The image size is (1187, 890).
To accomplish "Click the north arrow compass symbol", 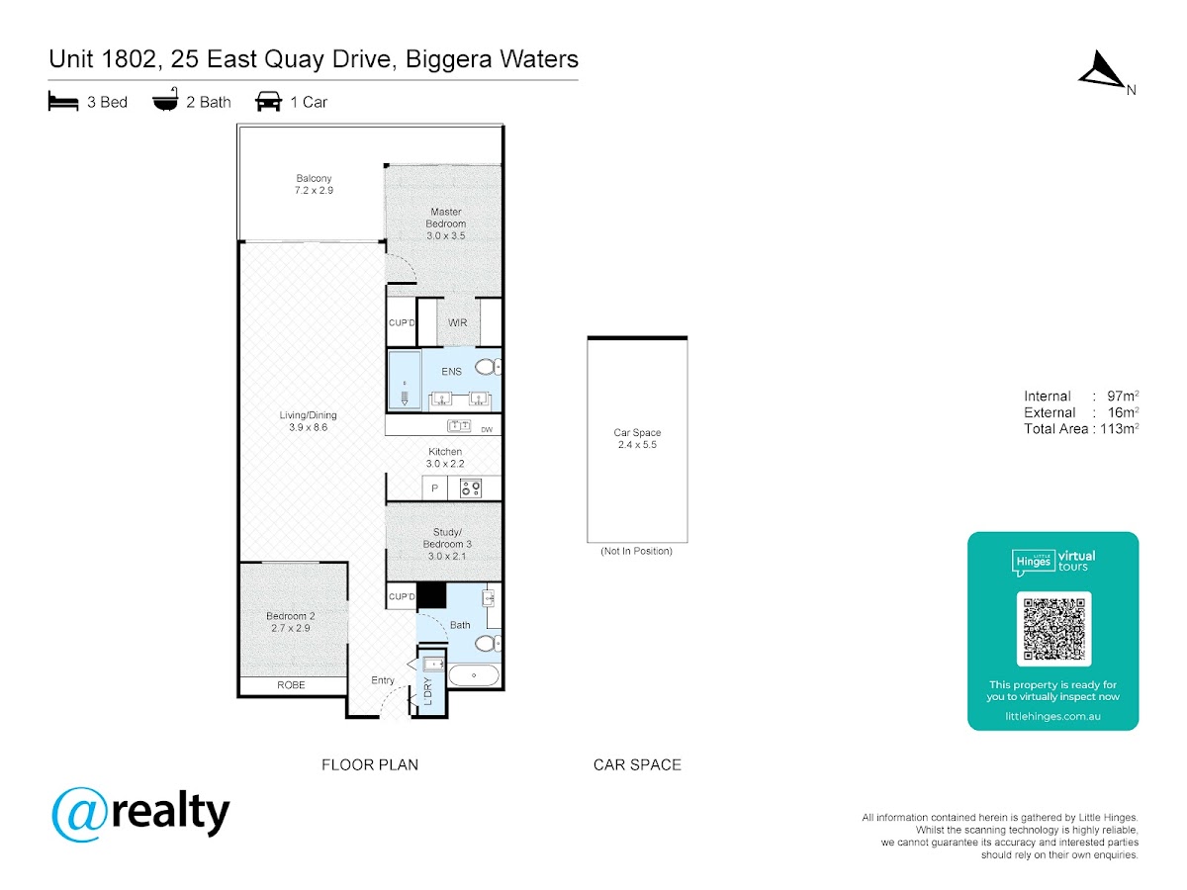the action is pos(1101,70).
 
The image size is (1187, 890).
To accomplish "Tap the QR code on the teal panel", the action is pos(1053,629).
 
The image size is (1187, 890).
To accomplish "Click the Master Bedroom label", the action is pos(445,223).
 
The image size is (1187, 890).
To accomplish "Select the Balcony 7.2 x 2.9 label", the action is pos(314,184).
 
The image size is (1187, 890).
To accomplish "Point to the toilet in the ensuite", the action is pos(488,368).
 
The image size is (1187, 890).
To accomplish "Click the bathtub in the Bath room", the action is pos(474,675).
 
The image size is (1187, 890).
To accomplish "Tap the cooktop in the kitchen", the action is pos(470,489).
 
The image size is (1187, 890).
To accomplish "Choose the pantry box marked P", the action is pos(434,489).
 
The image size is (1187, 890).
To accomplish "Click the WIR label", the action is pos(458,322).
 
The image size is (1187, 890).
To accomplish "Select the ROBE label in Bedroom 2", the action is pos(291,684).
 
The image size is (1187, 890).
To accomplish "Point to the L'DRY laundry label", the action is pos(428,691).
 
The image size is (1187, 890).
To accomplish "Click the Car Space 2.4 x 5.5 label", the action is pos(637,438).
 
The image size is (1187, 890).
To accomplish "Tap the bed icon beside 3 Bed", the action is pos(63,101).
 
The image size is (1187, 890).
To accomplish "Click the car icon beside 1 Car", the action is pos(268,101).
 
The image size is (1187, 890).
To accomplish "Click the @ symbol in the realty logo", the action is pos(79,814).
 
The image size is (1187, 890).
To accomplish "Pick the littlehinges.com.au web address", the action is pos(1052,716).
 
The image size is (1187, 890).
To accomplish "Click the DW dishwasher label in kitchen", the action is pos(487,429).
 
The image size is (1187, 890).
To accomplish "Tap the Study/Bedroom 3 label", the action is pos(447,544).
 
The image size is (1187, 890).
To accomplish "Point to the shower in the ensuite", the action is pos(405,380).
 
